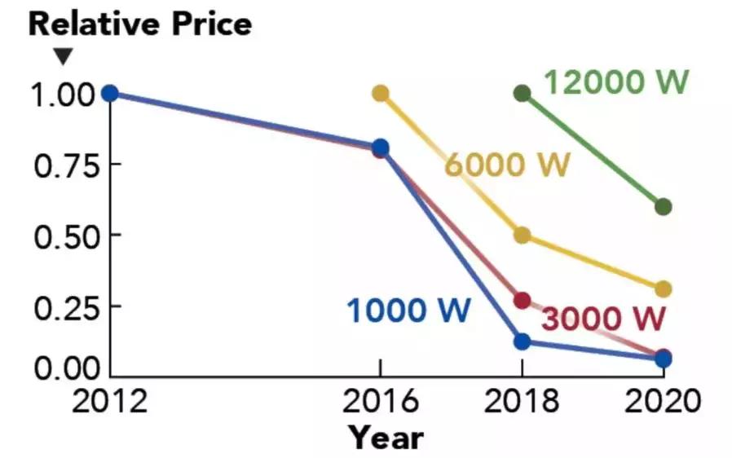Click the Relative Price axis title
pyautogui.click(x=140, y=24)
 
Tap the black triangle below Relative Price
pyautogui.click(x=63, y=57)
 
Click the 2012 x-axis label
pyautogui.click(x=108, y=403)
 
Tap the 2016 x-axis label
pyautogui.click(x=380, y=403)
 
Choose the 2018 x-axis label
pyautogui.click(x=523, y=403)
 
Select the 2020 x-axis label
pyautogui.click(x=663, y=403)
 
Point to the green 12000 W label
pyautogui.click(x=617, y=81)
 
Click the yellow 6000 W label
pyautogui.click(x=507, y=164)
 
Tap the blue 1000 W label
pyautogui.click(x=409, y=310)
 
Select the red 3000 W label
pyautogui.click(x=604, y=319)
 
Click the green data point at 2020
pyautogui.click(x=663, y=207)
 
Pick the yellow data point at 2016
pyautogui.click(x=380, y=94)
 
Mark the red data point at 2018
pyautogui.click(x=523, y=301)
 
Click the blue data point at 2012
pyautogui.click(x=109, y=94)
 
